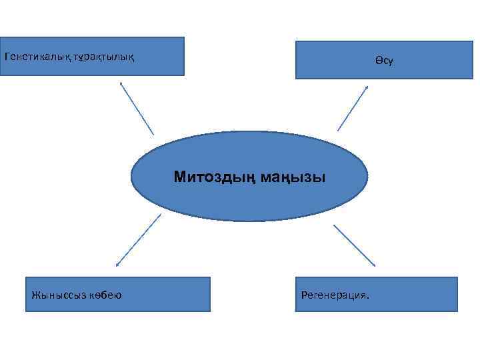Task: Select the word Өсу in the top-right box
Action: (x=384, y=61)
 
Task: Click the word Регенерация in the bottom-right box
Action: (x=333, y=294)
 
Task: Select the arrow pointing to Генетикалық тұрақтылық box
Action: (x=137, y=108)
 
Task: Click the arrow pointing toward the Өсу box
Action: (x=353, y=107)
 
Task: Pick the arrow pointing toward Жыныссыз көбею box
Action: (x=138, y=241)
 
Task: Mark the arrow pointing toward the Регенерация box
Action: (x=354, y=245)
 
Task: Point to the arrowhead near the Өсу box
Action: (x=367, y=87)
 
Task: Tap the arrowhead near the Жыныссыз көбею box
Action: (x=117, y=265)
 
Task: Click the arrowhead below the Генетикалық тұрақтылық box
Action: (x=121, y=83)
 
